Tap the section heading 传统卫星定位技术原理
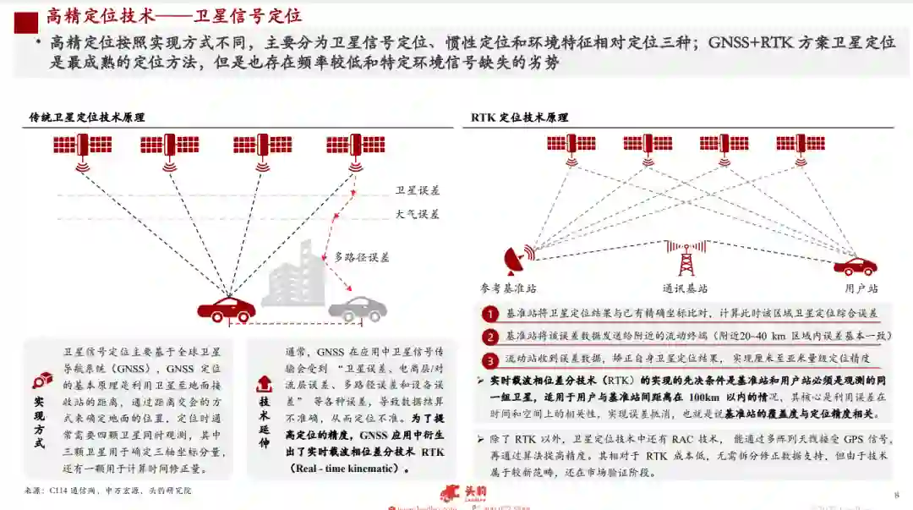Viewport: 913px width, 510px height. pyautogui.click(x=87, y=118)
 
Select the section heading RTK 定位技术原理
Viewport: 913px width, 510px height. pyautogui.click(x=519, y=118)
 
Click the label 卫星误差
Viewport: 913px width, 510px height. pyautogui.click(x=418, y=190)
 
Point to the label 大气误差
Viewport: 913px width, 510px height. pyautogui.click(x=418, y=214)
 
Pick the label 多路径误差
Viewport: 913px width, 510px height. pyautogui.click(x=362, y=257)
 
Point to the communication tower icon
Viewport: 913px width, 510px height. pyautogui.click(x=686, y=256)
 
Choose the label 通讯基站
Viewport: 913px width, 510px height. pyautogui.click(x=685, y=288)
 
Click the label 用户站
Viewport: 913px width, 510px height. pyautogui.click(x=861, y=288)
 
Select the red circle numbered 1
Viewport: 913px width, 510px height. pyautogui.click(x=490, y=314)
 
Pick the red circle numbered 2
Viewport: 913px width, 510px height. pyautogui.click(x=490, y=337)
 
